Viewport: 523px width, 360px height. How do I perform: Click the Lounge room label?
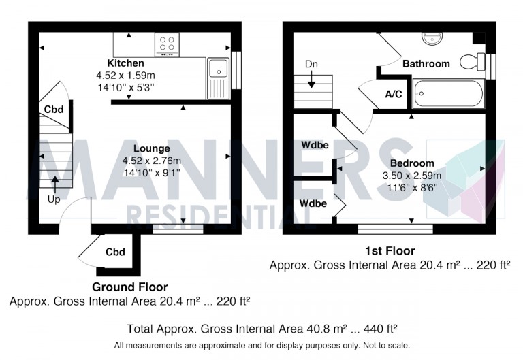pos(151,148)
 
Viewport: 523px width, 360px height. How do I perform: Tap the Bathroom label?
pos(426,63)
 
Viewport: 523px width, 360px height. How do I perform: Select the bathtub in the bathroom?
pos(448,94)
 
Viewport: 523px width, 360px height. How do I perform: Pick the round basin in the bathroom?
pos(430,38)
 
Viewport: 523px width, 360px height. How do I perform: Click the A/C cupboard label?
pos(393,95)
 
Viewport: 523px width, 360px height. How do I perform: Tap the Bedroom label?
pos(412,163)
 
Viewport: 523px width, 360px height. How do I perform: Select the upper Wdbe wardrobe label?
pos(314,145)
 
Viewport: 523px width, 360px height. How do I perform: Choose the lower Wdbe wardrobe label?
pos(314,203)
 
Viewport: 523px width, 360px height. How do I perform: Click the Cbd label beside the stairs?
pos(53,110)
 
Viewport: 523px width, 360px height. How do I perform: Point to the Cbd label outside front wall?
pos(115,252)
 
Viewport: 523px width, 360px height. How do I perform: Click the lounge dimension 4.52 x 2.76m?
pos(151,161)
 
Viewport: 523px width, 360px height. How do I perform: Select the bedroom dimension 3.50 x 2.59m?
pos(413,175)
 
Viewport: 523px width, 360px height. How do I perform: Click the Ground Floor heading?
pos(129,287)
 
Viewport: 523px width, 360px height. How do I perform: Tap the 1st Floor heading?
pos(390,251)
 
